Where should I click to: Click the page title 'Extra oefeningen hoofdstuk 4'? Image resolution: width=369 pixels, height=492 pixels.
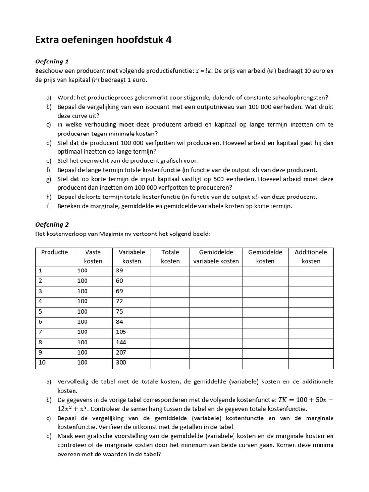click(103, 40)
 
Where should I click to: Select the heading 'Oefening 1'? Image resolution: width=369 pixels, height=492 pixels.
click(52, 61)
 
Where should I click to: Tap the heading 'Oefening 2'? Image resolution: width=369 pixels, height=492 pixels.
click(52, 224)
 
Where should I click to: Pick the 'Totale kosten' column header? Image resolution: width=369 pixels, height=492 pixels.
click(170, 257)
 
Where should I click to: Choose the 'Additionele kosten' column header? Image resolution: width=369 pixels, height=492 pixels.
click(310, 257)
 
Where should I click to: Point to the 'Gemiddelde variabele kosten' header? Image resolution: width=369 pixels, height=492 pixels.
click(216, 257)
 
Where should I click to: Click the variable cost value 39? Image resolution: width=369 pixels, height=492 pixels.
click(120, 271)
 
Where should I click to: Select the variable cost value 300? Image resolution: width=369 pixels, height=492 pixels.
click(121, 363)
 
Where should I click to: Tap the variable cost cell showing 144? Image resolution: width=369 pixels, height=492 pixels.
click(121, 343)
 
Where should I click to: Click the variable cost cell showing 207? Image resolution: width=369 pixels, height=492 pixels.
click(121, 353)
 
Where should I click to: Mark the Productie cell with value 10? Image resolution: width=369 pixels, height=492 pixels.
click(42, 363)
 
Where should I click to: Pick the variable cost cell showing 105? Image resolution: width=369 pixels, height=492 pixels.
click(121, 332)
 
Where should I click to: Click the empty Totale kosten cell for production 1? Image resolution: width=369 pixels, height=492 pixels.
click(170, 271)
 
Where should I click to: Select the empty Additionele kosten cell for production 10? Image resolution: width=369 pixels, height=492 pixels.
click(310, 363)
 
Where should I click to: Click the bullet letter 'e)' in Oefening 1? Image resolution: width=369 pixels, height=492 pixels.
click(49, 161)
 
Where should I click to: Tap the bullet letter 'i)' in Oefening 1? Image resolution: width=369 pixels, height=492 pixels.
click(49, 206)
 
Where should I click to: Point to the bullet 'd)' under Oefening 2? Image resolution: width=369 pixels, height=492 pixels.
click(49, 436)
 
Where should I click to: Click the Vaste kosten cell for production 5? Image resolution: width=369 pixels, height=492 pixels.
click(82, 312)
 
